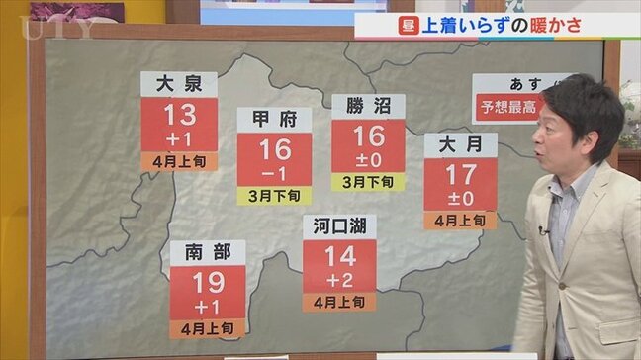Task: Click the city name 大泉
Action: click(179, 83)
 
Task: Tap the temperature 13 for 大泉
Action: click(179, 114)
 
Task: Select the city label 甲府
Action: click(274, 120)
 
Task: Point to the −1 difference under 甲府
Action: click(274, 173)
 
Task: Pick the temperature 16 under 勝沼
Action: click(367, 136)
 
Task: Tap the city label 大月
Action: click(460, 145)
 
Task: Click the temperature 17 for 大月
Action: click(460, 176)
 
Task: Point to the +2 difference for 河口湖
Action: click(339, 279)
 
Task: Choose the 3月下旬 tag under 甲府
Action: click(274, 195)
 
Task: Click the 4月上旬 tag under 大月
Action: click(460, 220)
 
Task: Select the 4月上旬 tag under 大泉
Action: click(179, 160)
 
